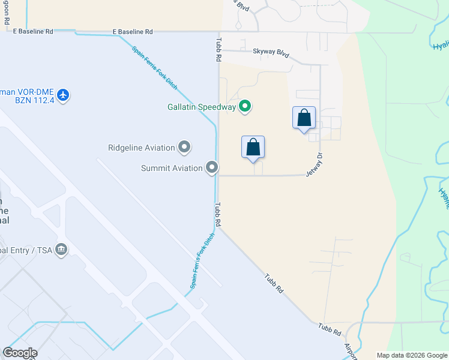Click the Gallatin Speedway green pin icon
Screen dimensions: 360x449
click(x=245, y=107)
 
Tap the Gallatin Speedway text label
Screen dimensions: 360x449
click(x=201, y=107)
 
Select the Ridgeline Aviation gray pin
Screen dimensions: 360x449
click(x=185, y=147)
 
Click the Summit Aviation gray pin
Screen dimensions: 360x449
click(x=212, y=168)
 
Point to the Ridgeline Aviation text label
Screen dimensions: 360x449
click(x=141, y=148)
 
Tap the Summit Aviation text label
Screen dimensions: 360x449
click(x=172, y=168)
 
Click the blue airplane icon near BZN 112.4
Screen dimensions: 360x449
click(x=63, y=94)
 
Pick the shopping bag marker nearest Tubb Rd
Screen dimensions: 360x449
click(x=253, y=147)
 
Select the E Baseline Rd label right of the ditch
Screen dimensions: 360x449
click(x=133, y=32)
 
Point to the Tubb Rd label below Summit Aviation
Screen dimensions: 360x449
click(x=218, y=214)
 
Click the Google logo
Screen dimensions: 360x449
click(x=20, y=353)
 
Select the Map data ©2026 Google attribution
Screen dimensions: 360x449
click(x=411, y=355)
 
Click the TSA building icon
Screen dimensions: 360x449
click(x=61, y=249)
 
